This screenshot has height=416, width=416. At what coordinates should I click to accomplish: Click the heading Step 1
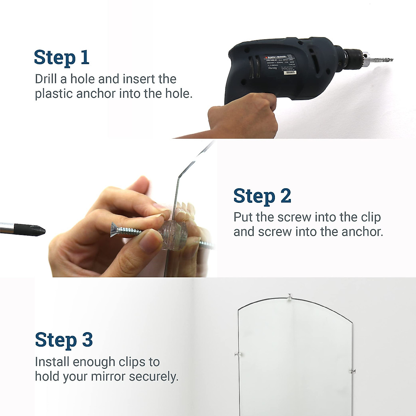(x=62, y=58)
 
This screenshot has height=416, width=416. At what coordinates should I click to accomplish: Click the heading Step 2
(x=262, y=196)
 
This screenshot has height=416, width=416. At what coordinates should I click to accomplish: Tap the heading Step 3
(x=64, y=340)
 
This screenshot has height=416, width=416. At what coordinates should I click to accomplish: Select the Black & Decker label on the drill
(x=276, y=57)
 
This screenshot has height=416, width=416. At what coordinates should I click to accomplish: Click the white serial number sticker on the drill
(x=288, y=72)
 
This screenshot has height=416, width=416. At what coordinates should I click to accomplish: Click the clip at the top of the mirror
(x=290, y=296)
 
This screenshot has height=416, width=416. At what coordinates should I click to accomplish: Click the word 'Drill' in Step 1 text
(x=46, y=79)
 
